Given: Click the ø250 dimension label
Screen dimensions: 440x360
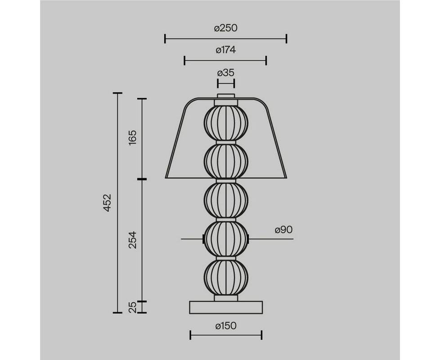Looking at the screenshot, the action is pos(225,28).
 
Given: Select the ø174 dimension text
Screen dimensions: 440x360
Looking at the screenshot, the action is pos(225,50).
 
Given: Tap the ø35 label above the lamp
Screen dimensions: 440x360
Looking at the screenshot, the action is pos(225,73).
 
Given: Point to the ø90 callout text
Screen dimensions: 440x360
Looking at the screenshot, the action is pos(284,230).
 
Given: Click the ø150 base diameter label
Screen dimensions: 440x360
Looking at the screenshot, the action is pos(226,326).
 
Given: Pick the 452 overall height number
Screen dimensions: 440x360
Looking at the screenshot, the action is pos(108,202).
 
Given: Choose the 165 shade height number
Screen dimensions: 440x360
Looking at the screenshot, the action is pos(132,137).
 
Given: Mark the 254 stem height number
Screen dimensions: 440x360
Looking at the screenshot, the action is pos(132,240).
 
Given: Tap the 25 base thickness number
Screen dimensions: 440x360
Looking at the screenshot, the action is pos(132,307).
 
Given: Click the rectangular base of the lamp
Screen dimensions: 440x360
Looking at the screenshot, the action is pos(226,307).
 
